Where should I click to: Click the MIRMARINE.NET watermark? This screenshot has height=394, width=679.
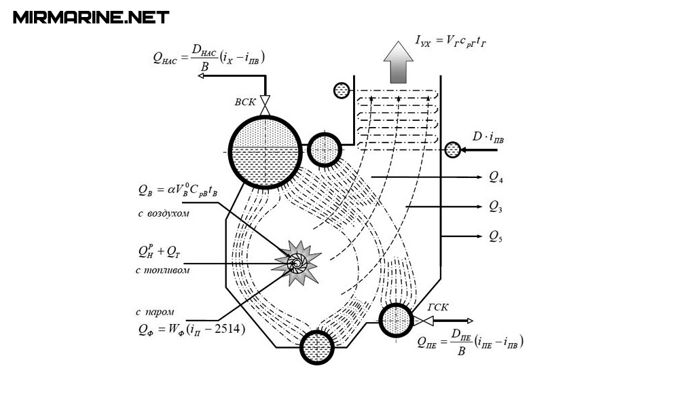tap(90, 17)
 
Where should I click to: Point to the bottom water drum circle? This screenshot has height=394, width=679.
tap(317, 346)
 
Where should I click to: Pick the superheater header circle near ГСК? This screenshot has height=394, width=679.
tap(394, 320)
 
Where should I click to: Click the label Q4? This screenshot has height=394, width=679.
tap(496, 178)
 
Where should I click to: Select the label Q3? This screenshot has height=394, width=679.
tap(496, 207)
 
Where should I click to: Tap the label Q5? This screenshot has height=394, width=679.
tap(496, 237)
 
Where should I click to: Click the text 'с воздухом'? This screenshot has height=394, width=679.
tap(162, 214)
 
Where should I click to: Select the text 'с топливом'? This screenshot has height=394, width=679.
tap(162, 270)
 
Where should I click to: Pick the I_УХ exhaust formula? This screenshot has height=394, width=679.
tap(452, 42)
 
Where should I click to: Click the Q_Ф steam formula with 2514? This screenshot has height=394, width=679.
tap(190, 331)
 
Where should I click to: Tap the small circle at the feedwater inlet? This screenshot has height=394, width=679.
tap(453, 149)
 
